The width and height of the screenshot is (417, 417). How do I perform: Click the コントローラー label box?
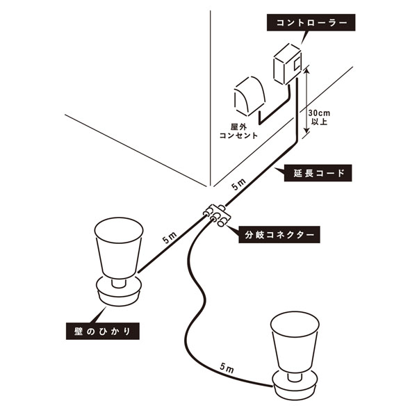[x=311, y=23]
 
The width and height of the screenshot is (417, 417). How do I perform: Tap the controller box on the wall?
[x=288, y=64]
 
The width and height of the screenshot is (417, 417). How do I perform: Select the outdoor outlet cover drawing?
[x=250, y=97]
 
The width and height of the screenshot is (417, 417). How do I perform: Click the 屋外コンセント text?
[x=238, y=131]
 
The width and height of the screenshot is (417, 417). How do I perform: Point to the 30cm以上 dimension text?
[x=319, y=117]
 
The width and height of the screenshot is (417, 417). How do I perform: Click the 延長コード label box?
[x=318, y=173]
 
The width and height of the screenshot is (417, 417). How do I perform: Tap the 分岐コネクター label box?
[x=279, y=235]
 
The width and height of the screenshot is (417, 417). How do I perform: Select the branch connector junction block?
[x=217, y=215]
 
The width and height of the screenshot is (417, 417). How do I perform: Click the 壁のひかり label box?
[x=103, y=331]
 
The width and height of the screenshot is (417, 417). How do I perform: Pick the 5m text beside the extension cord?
[x=238, y=185]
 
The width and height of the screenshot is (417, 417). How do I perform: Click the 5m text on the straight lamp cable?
[x=170, y=238]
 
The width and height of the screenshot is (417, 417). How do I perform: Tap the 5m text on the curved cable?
[x=227, y=368]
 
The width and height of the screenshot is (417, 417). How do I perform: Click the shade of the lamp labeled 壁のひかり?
[x=119, y=248]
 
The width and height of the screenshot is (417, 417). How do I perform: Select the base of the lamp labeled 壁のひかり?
[x=119, y=291]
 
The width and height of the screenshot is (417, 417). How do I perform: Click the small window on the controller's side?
[x=297, y=65]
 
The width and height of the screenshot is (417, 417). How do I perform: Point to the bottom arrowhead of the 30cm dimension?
[x=306, y=131]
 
